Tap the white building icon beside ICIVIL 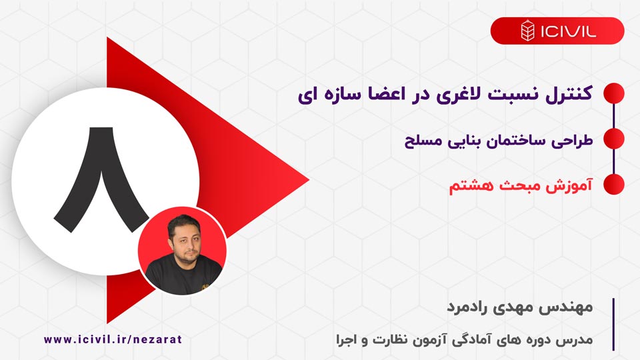point(527,31)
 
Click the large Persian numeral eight point(102,177)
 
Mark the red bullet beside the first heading point(613,93)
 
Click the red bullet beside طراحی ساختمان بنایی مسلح point(613,139)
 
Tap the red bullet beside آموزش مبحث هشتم point(613,185)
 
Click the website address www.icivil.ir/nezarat point(113,339)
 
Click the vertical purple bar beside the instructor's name point(613,324)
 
